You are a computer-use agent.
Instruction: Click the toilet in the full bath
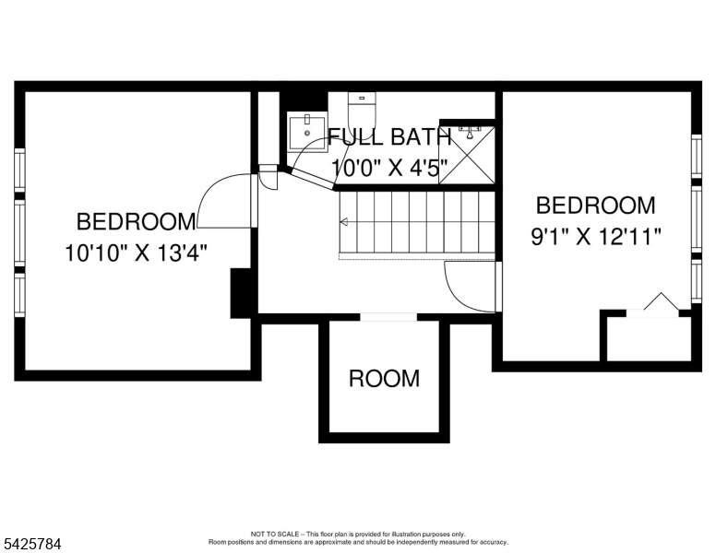coord(363,108)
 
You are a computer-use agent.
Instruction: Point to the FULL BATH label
coord(388,137)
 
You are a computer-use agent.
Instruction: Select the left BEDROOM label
coord(136,221)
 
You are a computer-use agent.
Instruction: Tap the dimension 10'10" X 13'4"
coord(136,253)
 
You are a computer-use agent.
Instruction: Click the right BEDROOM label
coord(595,206)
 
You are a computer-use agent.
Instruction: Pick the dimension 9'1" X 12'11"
coord(596,237)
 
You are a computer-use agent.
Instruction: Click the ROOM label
coord(384,378)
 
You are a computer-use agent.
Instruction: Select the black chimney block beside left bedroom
coord(243,293)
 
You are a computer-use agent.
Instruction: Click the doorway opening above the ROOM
coord(388,317)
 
